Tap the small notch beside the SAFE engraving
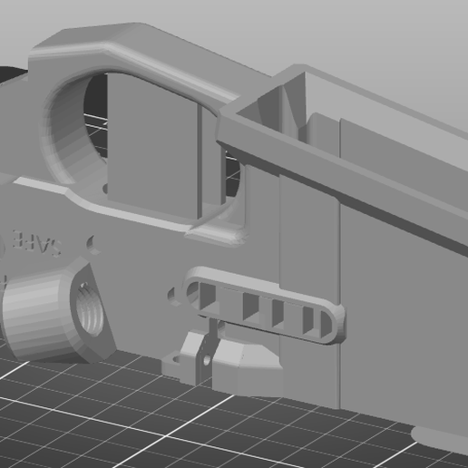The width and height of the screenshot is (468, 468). [x=92, y=243]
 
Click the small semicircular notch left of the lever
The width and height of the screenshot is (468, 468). [x=172, y=296]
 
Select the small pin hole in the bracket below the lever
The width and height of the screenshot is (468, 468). [x=204, y=360]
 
